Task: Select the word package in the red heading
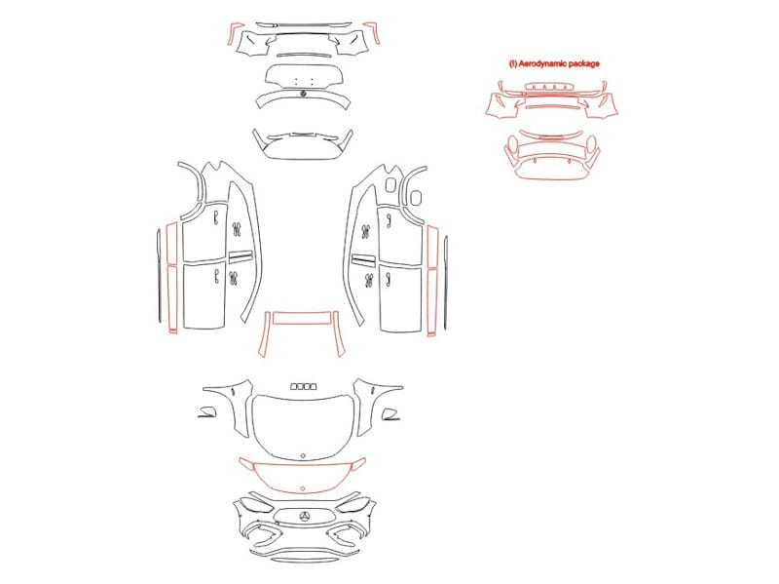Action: pos(584,63)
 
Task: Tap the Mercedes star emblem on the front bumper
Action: pos(305,517)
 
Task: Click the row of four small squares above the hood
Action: pos(303,386)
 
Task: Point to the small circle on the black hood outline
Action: pos(303,455)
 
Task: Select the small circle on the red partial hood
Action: pos(303,488)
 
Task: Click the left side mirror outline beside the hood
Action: pos(207,411)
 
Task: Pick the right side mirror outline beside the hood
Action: pos(390,414)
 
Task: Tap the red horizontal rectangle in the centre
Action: pos(302,318)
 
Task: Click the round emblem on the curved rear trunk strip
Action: pos(303,94)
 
